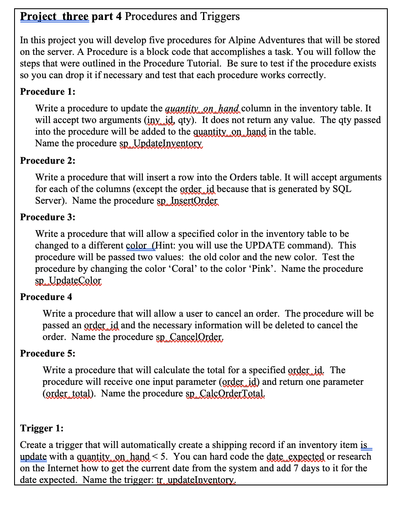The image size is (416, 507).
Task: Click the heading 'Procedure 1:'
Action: pos(48,91)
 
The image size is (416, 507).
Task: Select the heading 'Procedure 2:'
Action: pos(48,160)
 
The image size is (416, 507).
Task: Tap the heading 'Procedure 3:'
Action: pos(48,217)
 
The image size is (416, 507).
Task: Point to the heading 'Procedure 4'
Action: pos(46,297)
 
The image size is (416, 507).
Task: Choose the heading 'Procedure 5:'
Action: pos(48,353)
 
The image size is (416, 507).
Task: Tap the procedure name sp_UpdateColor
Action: pos(68,281)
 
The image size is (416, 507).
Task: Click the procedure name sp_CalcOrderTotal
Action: pos(225,394)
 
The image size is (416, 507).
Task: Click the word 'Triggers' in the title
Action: pos(220,17)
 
